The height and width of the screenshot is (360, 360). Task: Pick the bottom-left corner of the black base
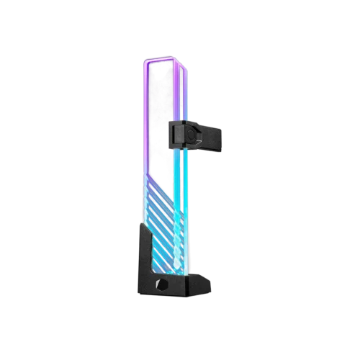pos(134,291)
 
